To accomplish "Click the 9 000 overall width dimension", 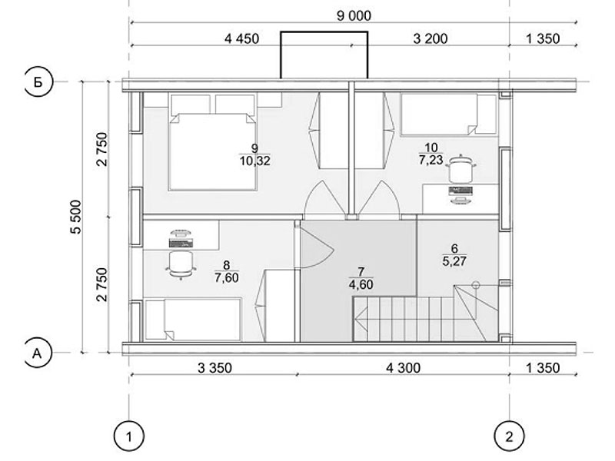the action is pos(354,16).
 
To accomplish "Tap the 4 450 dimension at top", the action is pos(241,39).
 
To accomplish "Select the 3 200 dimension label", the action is pos(430,39).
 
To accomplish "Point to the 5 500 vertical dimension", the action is pos(76,217).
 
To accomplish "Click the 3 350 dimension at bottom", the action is pos(214,368).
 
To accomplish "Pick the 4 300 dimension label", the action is pos(403,368).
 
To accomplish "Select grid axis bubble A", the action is pos(38,353).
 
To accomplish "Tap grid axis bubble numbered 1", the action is pos(129,436).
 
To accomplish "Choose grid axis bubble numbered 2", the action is pos(509,436).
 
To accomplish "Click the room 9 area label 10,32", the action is pos(255,161).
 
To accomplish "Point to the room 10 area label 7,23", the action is pos(430,160).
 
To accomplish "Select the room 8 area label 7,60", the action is pos(227,277).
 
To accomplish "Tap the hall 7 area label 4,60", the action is pos(361,284).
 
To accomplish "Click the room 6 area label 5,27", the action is pos(454,260).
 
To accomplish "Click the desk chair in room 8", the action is pos(181,264).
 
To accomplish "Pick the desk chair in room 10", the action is pos(460,168).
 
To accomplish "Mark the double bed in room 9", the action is pos(213,142).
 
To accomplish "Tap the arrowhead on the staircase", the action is pos(361,319).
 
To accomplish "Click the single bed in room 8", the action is pos(192,320).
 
